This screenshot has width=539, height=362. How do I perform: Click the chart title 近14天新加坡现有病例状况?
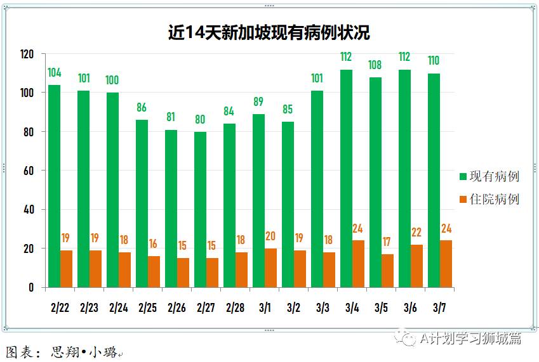269,32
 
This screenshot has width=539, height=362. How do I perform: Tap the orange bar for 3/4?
359,264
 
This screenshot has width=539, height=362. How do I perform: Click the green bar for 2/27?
200,209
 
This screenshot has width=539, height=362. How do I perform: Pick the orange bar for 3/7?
446,264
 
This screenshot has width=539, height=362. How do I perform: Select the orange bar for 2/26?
183,273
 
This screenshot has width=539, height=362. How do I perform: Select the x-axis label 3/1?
264,308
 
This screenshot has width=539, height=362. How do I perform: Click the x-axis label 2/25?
148,308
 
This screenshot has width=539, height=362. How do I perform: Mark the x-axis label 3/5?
381,308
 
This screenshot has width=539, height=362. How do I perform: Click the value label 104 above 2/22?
55,72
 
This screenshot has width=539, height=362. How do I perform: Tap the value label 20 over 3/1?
270,236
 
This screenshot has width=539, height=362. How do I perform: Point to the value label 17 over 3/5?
387,242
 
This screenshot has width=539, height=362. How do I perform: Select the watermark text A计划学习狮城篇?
470,339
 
